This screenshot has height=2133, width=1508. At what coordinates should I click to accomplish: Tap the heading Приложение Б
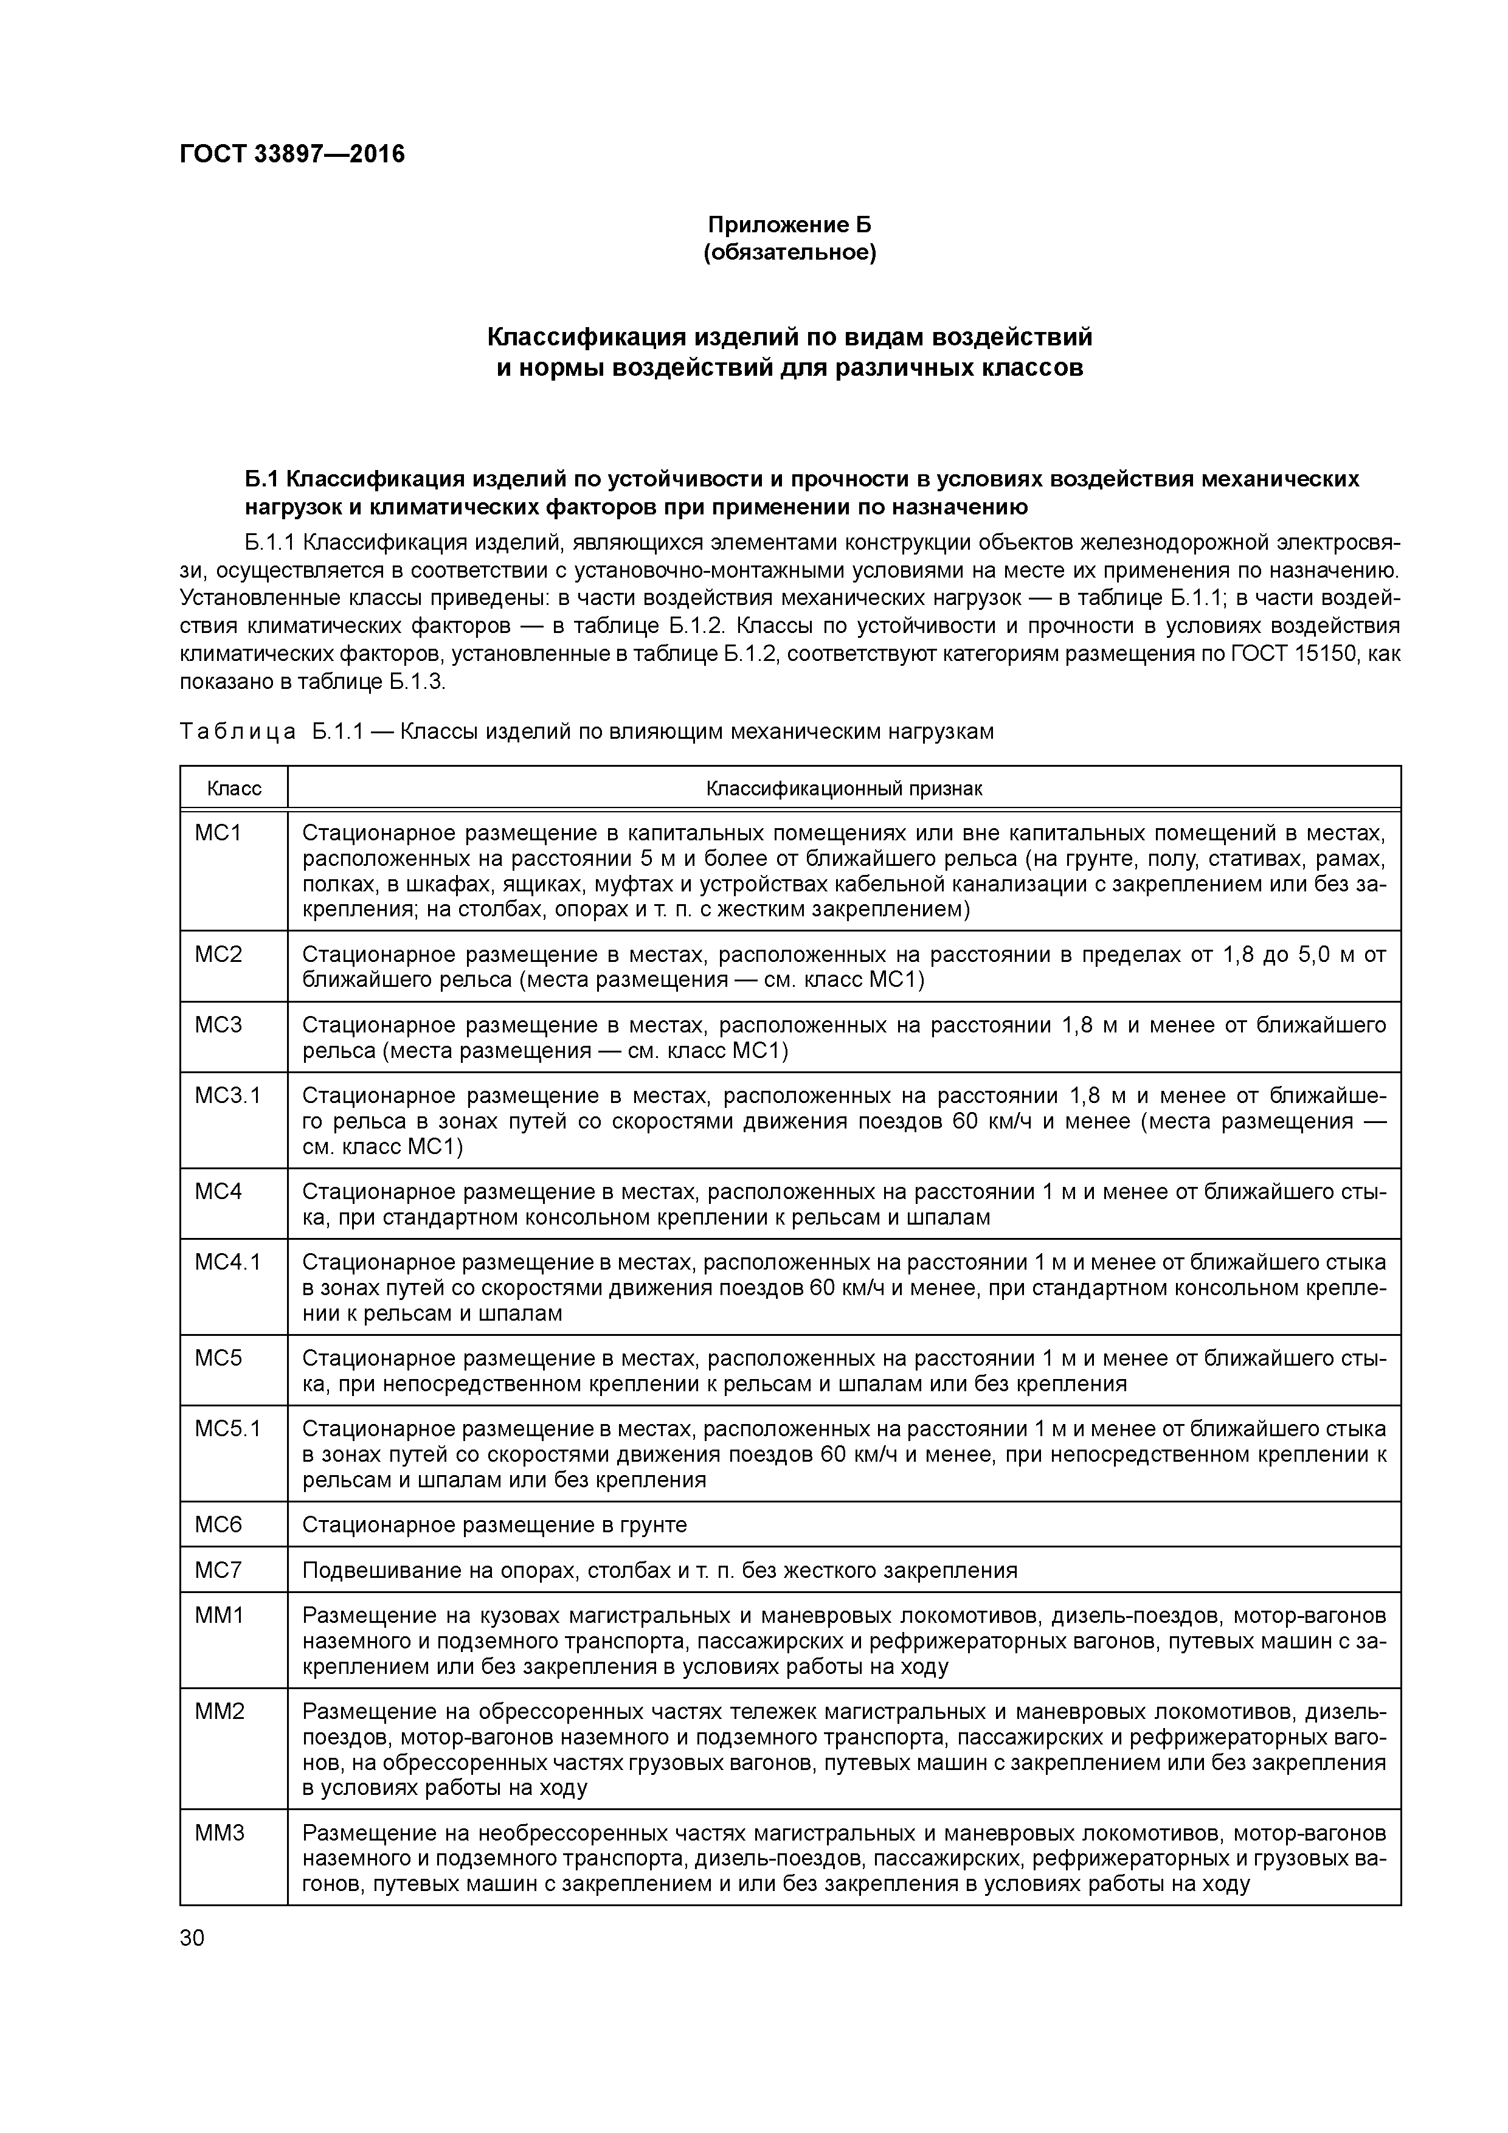[790, 225]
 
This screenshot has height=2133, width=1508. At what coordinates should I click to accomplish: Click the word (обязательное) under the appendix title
[790, 253]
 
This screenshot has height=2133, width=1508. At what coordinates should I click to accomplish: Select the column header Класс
[234, 789]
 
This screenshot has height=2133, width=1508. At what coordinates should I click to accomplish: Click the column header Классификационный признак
[843, 789]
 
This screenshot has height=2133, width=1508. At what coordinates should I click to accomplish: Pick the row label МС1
[218, 834]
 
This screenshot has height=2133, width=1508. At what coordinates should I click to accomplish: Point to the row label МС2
[218, 954]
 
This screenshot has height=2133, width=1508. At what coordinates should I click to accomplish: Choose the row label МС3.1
[227, 1096]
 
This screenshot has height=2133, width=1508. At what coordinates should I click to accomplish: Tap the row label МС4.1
[227, 1262]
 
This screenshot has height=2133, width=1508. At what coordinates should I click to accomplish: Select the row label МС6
[218, 1524]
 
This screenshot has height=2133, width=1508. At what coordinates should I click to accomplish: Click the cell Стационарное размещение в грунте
[494, 1524]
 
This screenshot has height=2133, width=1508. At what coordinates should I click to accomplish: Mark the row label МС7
[218, 1570]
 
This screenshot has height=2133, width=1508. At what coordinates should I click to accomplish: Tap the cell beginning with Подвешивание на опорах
[660, 1570]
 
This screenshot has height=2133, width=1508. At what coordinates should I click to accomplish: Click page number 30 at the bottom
[192, 1938]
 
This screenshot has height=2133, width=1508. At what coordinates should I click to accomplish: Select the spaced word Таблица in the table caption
[238, 732]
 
